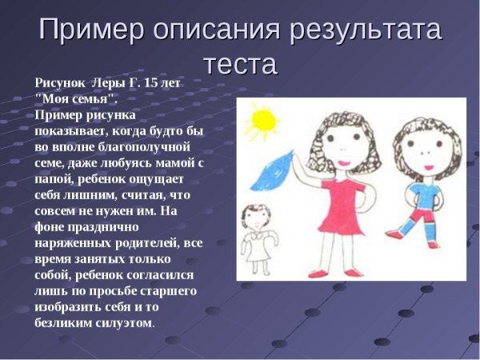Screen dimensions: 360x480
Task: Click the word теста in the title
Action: tap(240, 63)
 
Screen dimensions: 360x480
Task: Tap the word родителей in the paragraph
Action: tap(146, 243)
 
